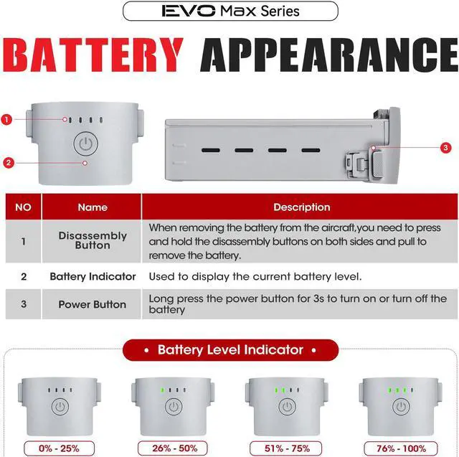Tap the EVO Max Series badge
pyautogui.click(x=229, y=11)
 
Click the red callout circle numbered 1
pyautogui.click(x=7, y=119)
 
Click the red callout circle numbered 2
pyautogui.click(x=8, y=163)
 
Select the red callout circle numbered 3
pyautogui.click(x=445, y=148)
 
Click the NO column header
pyautogui.click(x=23, y=207)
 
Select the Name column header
pyautogui.click(x=92, y=207)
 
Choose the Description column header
pyautogui.click(x=301, y=207)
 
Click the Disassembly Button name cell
pyautogui.click(x=92, y=240)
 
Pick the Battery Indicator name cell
pyautogui.click(x=92, y=276)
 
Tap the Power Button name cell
pyautogui.click(x=92, y=304)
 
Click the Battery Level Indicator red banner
pyautogui.click(x=229, y=350)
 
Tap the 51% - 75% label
pyautogui.click(x=287, y=448)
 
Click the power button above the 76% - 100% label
pyautogui.click(x=399, y=407)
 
